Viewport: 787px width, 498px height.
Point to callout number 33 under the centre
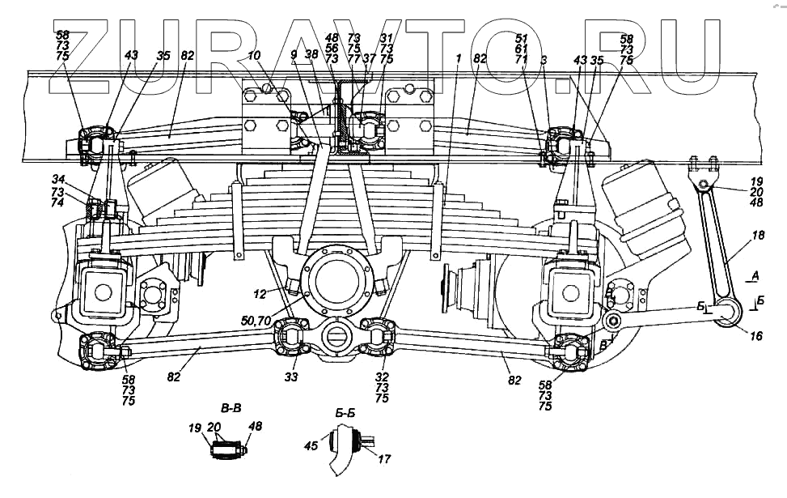click(292, 377)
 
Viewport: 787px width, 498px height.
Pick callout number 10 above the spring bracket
click(254, 56)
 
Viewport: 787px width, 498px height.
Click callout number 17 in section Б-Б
click(383, 459)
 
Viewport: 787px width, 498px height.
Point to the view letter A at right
click(754, 277)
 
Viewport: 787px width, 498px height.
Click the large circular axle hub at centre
click(339, 283)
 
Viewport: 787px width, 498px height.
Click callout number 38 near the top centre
click(311, 56)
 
